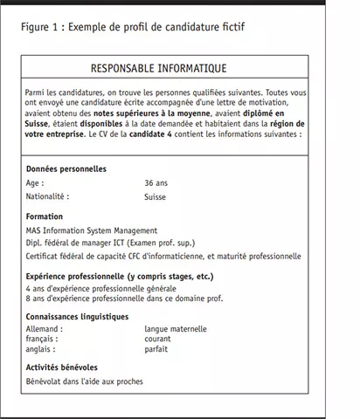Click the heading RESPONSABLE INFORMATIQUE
(x=172, y=67)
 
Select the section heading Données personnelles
(x=66, y=168)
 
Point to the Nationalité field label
(x=48, y=196)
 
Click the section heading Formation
(x=45, y=216)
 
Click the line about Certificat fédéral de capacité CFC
(x=163, y=257)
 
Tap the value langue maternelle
(x=176, y=329)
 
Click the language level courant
(x=159, y=339)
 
